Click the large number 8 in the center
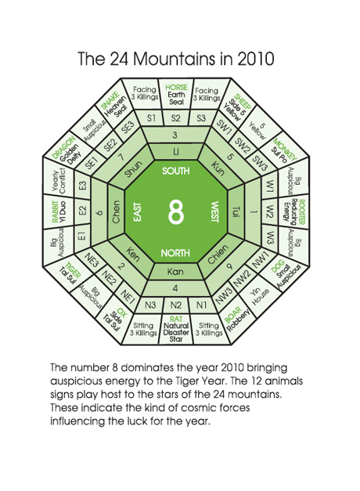point(176,212)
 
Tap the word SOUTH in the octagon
point(176,171)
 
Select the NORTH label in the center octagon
point(175,253)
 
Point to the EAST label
point(138,212)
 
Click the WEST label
point(214,212)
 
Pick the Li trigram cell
point(176,152)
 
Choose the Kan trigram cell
point(175,272)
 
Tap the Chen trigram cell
point(116,212)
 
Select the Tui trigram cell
point(236,212)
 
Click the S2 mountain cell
point(176,118)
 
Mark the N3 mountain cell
point(150,305)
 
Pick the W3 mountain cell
point(270,237)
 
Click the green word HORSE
point(176,88)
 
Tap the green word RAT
point(176,319)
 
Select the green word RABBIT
point(55,212)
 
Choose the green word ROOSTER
point(301,212)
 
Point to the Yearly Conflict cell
point(59,181)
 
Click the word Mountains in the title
point(174,59)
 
